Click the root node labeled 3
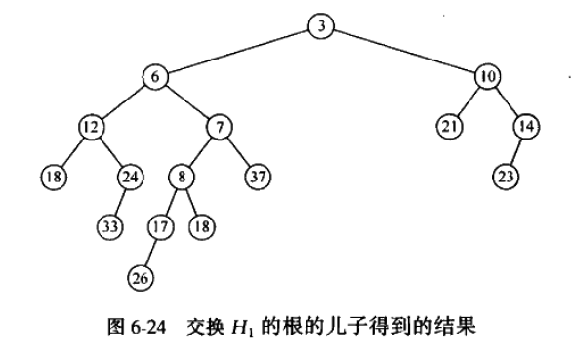[321, 26]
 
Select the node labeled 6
[155, 77]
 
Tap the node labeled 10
[488, 76]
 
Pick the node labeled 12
[91, 127]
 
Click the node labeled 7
[220, 127]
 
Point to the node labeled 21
[449, 127]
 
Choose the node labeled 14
[526, 127]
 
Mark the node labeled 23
[506, 177]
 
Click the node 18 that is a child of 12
[54, 177]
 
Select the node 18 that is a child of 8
[202, 227]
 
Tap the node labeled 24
[131, 177]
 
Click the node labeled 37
[258, 177]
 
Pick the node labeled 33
[109, 227]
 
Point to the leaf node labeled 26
[141, 278]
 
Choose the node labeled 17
[161, 227]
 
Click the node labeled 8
[182, 177]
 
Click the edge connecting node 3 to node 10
[404, 52]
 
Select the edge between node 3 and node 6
[238, 52]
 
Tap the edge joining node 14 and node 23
[516, 152]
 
